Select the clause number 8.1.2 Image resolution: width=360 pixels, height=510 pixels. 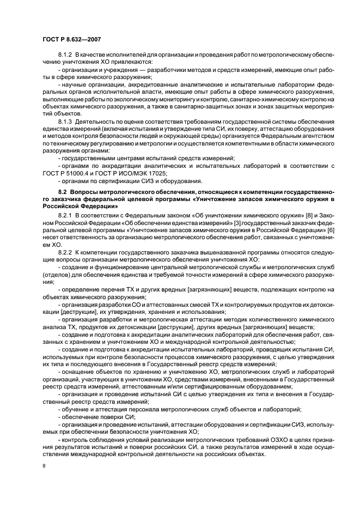(65, 56)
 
